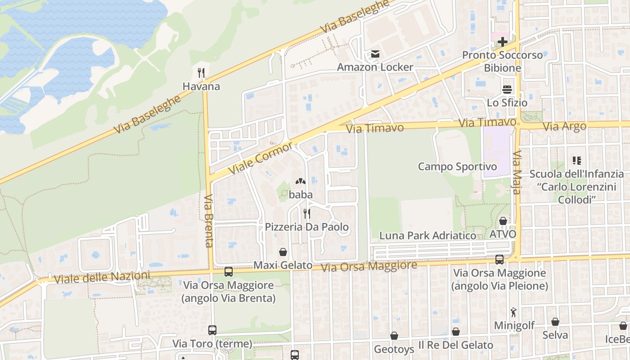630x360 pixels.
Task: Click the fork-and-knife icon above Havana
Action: pyautogui.click(x=201, y=72)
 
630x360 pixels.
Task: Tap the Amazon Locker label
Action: pyautogui.click(x=375, y=67)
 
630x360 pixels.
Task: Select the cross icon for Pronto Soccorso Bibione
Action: pyautogui.click(x=503, y=42)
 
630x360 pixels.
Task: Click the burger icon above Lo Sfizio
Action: pyautogui.click(x=507, y=89)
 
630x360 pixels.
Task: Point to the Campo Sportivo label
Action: pyautogui.click(x=457, y=166)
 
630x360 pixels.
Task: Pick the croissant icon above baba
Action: pyautogui.click(x=300, y=181)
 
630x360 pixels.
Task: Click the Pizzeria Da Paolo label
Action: pyautogui.click(x=306, y=227)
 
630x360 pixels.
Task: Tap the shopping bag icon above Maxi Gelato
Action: pyautogui.click(x=283, y=252)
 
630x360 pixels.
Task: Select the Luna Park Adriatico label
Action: pyautogui.click(x=427, y=235)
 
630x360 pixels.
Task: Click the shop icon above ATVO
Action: pyautogui.click(x=503, y=221)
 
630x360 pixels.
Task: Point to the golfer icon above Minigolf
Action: pyautogui.click(x=514, y=312)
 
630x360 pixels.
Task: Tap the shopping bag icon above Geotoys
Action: pyautogui.click(x=394, y=336)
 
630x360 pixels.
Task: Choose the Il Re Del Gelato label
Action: pyautogui.click(x=455, y=345)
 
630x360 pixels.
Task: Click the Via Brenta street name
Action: pyautogui.click(x=208, y=220)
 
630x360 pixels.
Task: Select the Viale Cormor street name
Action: pyautogui.click(x=261, y=158)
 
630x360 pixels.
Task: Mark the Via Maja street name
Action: pyautogui.click(x=517, y=173)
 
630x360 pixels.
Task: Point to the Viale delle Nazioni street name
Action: pyautogui.click(x=102, y=277)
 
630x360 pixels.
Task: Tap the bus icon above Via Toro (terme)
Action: pyautogui.click(x=212, y=330)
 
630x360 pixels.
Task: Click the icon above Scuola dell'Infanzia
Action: pyautogui.click(x=577, y=160)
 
